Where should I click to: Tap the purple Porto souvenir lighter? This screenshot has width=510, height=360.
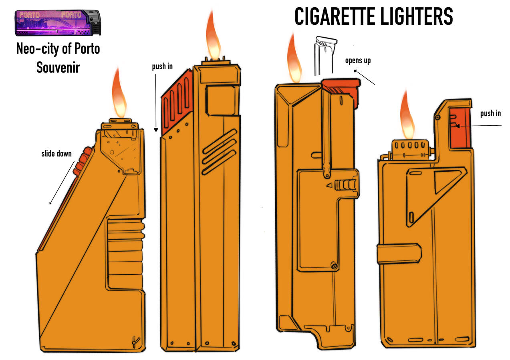(x=58, y=23)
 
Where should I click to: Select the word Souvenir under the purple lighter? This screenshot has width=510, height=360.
(x=58, y=68)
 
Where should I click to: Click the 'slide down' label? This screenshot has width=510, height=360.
(x=56, y=154)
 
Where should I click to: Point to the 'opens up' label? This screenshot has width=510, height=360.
(x=358, y=61)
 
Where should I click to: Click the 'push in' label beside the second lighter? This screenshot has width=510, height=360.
(x=162, y=66)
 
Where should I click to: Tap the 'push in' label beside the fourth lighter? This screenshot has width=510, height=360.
(x=491, y=113)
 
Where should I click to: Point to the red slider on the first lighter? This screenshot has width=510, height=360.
(x=83, y=161)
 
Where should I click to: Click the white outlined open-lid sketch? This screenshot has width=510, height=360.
(x=325, y=56)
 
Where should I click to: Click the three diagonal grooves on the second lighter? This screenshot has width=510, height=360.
(x=219, y=151)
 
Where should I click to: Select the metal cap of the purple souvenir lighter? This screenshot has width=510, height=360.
(x=95, y=22)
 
